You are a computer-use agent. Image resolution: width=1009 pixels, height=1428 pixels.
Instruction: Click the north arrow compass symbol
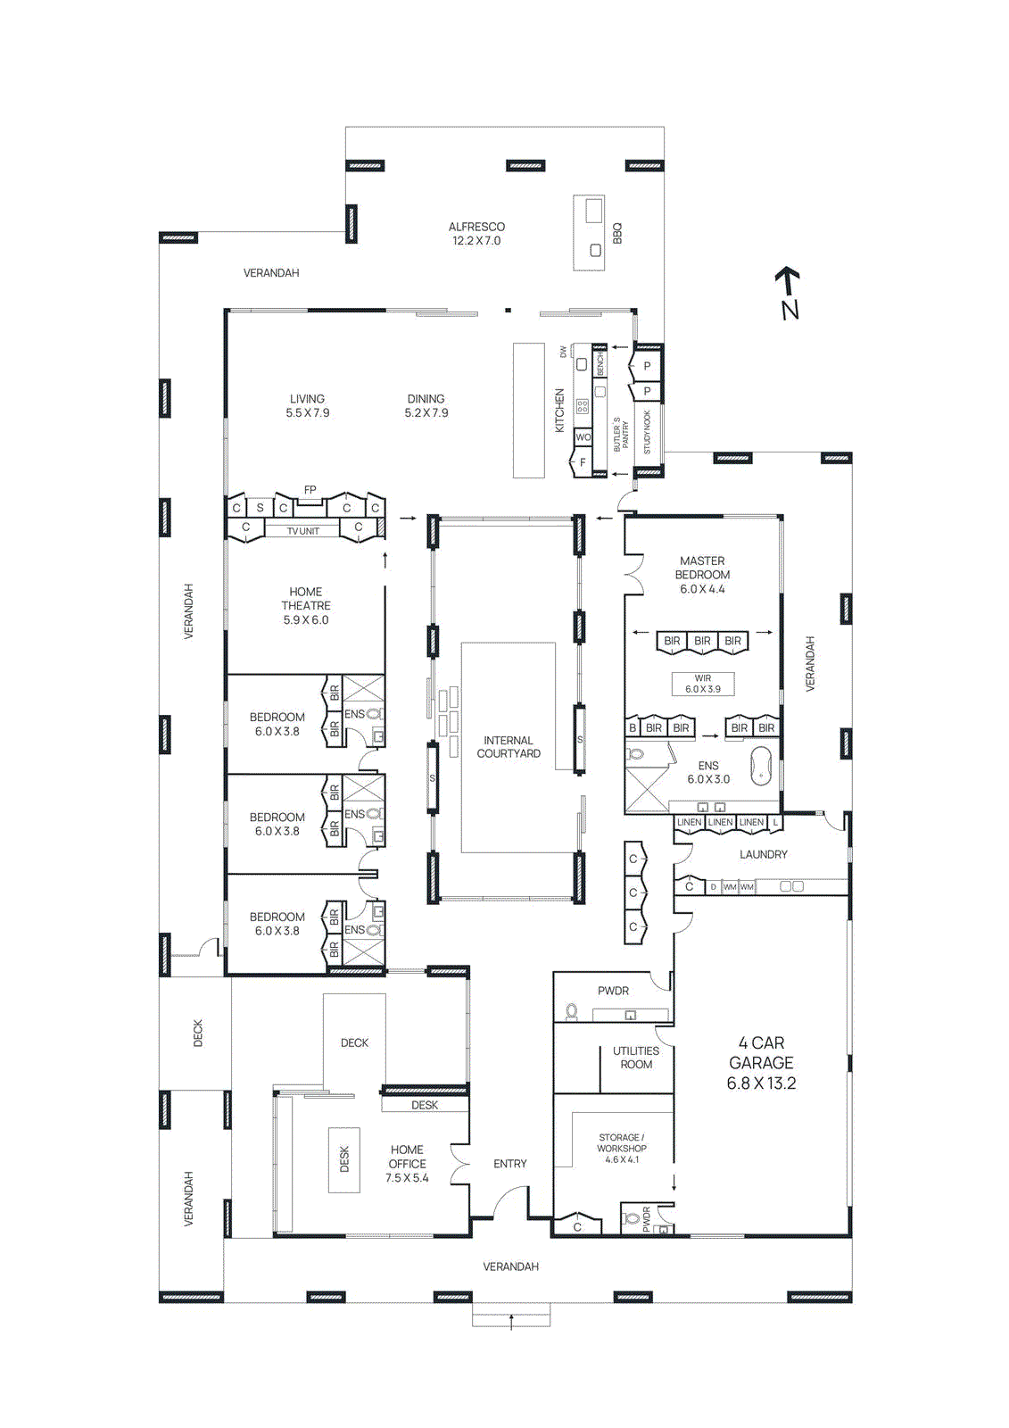[788, 293]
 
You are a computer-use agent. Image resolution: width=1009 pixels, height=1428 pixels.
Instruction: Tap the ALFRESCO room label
[476, 228]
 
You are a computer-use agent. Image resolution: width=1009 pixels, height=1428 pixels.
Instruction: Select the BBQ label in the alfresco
[617, 234]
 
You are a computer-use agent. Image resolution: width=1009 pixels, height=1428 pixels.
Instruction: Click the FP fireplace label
[310, 490]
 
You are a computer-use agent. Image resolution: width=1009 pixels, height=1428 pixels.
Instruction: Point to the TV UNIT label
[302, 531]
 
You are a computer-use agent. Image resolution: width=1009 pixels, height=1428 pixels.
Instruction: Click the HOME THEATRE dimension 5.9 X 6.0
[306, 620]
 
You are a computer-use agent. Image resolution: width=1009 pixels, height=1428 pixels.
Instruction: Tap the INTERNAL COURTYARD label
[509, 747]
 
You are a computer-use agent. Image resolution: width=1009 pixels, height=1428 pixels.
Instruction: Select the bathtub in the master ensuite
[761, 766]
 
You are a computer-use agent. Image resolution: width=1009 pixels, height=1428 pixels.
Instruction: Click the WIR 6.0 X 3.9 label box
[703, 685]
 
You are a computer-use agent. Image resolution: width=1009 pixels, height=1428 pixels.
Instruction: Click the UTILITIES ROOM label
[636, 1058]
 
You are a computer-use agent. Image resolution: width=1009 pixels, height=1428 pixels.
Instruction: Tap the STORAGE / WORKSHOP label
[622, 1143]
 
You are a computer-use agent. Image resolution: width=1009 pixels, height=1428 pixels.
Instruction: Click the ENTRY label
[510, 1164]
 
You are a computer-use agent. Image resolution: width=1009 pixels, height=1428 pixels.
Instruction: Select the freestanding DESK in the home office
[344, 1159]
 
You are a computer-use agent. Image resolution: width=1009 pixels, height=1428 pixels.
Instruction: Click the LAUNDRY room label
[764, 855]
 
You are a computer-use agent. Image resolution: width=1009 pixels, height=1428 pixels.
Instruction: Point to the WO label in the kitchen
[583, 437]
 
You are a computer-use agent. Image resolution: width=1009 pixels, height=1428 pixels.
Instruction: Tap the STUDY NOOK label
[648, 432]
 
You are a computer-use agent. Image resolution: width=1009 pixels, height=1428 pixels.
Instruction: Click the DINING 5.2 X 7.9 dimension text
[426, 413]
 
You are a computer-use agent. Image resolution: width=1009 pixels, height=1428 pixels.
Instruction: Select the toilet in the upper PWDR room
[571, 1012]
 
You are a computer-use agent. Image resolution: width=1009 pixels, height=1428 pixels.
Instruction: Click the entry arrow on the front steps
[511, 1320]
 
